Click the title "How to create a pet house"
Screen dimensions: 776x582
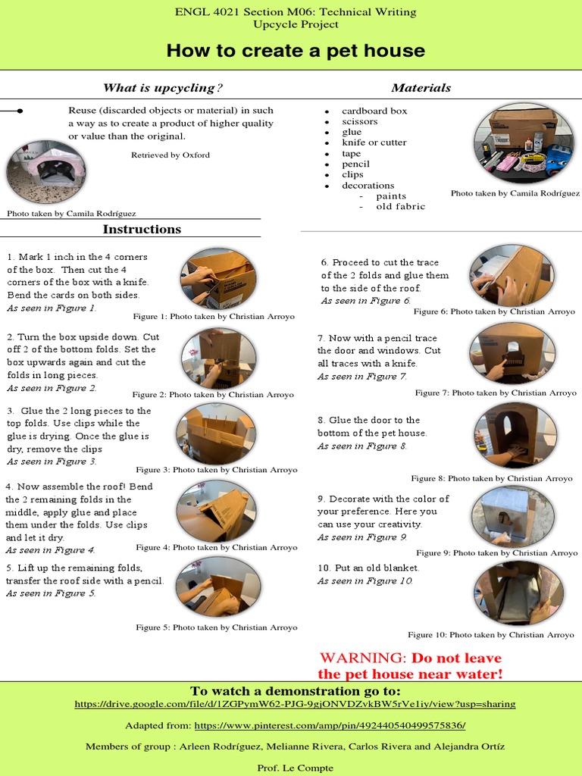click(x=296, y=52)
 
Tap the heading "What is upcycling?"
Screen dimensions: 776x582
click(x=163, y=88)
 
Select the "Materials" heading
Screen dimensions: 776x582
click(x=421, y=88)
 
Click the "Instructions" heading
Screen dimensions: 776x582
click(x=142, y=229)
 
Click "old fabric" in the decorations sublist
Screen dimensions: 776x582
click(x=400, y=206)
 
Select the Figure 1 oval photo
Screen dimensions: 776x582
click(x=218, y=278)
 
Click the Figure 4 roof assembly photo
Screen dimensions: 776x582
click(x=216, y=511)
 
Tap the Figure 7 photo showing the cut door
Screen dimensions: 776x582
click(x=512, y=352)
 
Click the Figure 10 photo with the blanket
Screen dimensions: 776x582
click(x=518, y=593)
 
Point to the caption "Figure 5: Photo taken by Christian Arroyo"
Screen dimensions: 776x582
click(x=217, y=627)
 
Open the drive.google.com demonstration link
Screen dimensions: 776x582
click(x=295, y=704)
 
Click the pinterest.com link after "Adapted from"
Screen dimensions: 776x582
click(x=330, y=725)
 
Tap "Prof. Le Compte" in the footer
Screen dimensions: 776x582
click(x=295, y=768)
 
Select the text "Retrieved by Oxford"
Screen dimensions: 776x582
click(x=171, y=155)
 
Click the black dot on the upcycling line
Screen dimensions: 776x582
click(x=20, y=111)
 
